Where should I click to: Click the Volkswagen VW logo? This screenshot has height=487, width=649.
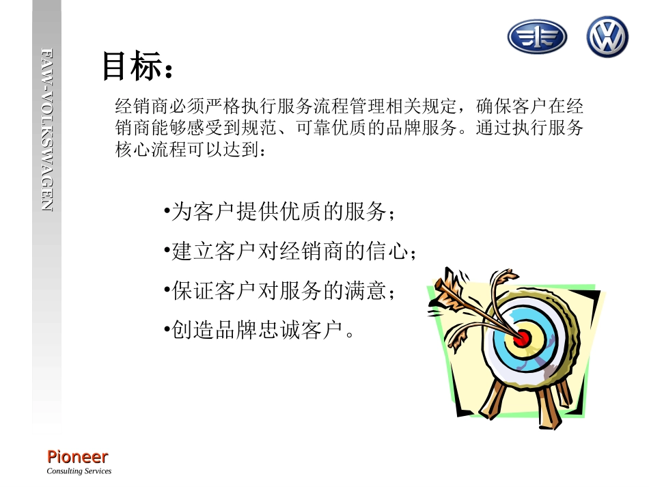tap(607, 37)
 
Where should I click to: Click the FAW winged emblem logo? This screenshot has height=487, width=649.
tap(537, 37)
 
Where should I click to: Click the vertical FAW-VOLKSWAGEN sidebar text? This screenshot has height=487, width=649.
tap(46, 130)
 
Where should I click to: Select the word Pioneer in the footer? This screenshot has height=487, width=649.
tap(77, 456)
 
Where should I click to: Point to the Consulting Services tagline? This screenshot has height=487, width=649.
tap(79, 471)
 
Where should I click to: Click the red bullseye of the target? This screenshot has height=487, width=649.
tap(522, 337)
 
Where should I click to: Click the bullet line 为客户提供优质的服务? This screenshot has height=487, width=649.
tap(280, 212)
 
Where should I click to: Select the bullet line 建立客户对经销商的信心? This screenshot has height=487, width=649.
tap(290, 252)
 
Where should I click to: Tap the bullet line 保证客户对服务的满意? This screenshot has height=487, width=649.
tap(280, 292)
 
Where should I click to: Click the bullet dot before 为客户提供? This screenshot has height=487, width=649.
tap(167, 210)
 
